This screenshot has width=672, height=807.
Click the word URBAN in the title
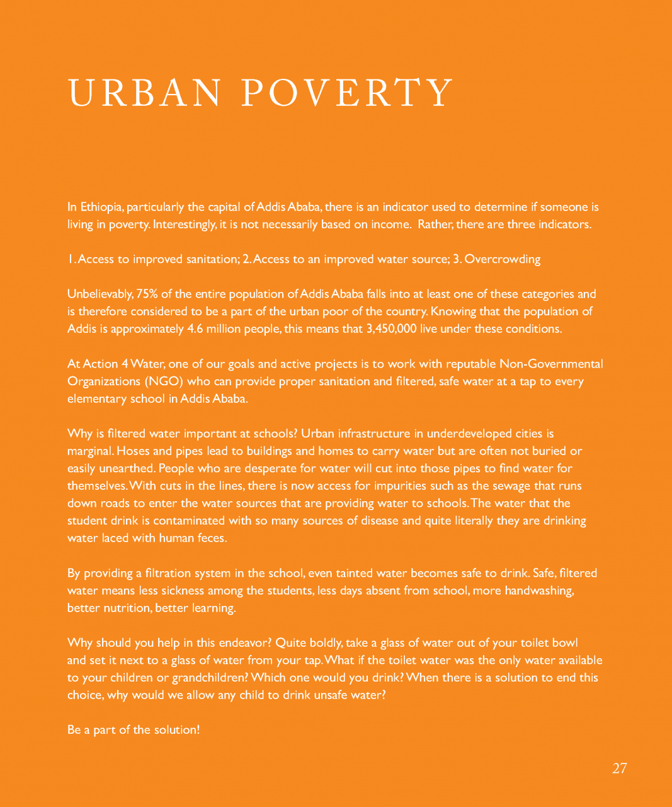coord(144,93)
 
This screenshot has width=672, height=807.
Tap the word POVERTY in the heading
coord(347,93)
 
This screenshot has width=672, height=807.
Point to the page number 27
coord(619,768)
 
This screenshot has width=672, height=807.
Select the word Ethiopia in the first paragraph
coord(101,207)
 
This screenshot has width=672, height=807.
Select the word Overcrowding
coord(502,259)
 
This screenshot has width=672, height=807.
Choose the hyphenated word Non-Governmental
coord(550,364)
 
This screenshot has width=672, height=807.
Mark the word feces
coord(211,538)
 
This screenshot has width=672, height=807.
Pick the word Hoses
coord(134,451)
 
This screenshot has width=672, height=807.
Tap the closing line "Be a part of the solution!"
coord(134,730)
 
